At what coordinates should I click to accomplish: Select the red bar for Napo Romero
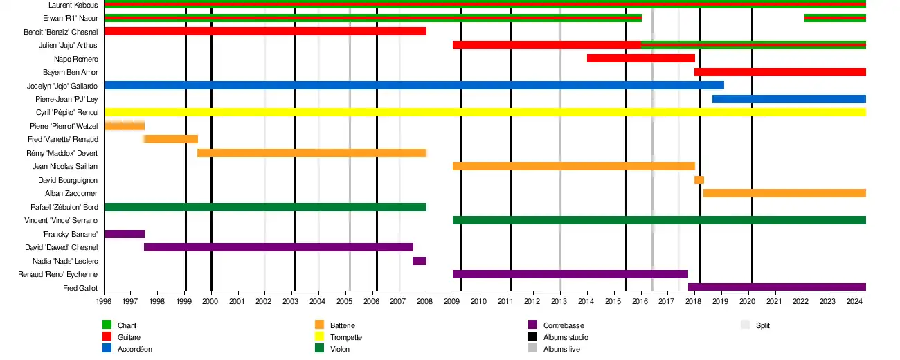[x=640, y=58]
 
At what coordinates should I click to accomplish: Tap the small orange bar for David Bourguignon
[x=699, y=180]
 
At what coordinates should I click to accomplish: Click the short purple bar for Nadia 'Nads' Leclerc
[x=420, y=261]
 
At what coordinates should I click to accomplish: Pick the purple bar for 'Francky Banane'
[x=124, y=234]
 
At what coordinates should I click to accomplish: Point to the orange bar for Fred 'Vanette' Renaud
[x=171, y=139]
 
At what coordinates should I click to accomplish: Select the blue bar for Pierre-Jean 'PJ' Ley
[x=789, y=99]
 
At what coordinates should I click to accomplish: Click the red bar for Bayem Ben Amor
[x=780, y=72]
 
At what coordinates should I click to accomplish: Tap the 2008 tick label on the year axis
[x=426, y=302]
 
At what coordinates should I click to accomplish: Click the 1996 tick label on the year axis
[x=104, y=302]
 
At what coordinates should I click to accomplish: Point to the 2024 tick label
[x=854, y=302]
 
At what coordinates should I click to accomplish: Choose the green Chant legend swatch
[x=107, y=325]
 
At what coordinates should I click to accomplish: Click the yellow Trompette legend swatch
[x=319, y=337]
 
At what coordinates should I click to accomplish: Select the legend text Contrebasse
[x=563, y=325]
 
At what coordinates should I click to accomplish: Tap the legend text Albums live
[x=561, y=349]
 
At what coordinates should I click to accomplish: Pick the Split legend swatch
[x=745, y=325]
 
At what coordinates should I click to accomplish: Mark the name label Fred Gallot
[x=80, y=288]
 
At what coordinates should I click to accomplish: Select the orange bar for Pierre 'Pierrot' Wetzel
[x=124, y=126]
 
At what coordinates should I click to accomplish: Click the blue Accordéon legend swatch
[x=107, y=349]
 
